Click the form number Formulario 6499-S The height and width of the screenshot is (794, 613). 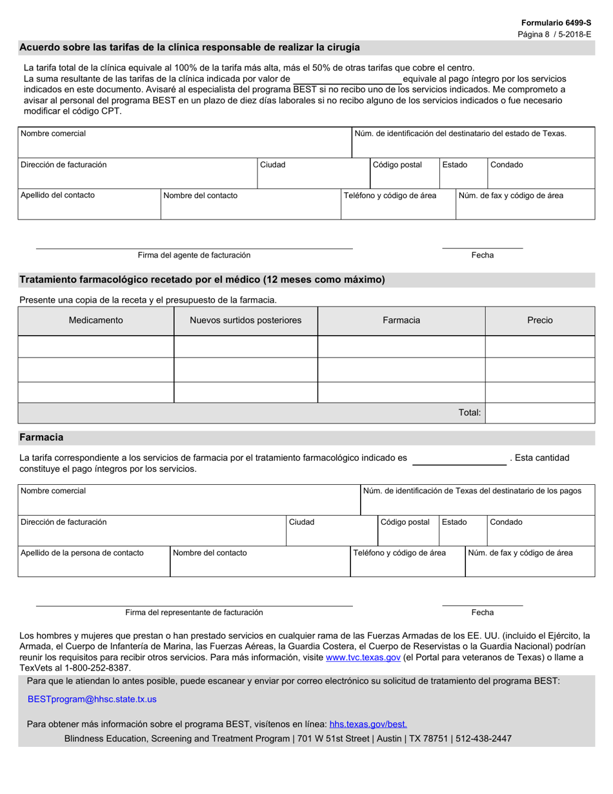pos(556,23)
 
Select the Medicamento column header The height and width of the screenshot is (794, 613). pos(95,320)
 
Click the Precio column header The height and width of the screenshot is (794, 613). pos(539,320)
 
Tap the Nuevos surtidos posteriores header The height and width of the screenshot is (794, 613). pos(245,320)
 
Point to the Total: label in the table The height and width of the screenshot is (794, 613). pos(470,412)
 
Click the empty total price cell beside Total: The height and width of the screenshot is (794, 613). pos(539,412)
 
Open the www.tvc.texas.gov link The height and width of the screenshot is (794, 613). pos(363,658)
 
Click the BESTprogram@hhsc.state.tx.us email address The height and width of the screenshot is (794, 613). pos(92,699)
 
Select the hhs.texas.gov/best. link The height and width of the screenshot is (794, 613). pos(368,724)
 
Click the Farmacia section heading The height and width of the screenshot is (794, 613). pos(41,438)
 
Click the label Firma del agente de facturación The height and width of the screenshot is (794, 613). pos(194,256)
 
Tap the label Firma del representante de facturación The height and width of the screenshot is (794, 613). pos(194,613)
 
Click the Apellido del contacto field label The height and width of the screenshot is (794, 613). pos(57,196)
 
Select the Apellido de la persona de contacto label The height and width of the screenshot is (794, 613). pos(82,553)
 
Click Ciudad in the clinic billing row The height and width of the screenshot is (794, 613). pos(272,165)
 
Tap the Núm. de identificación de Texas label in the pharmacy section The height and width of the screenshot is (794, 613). pos(472,491)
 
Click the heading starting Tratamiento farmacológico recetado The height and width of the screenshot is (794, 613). pos(202,280)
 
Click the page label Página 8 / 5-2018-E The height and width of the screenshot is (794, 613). pos(554,34)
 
